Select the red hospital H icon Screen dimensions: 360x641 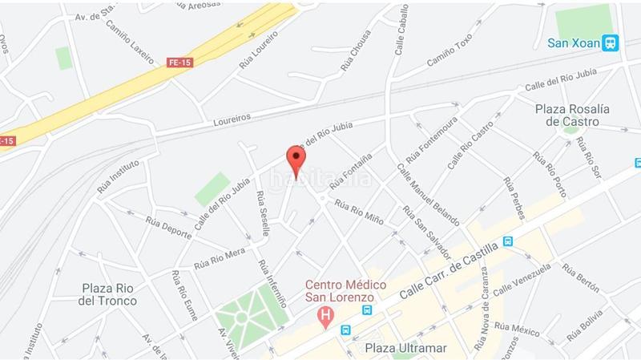tap(325, 317)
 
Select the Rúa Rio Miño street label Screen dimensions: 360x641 tap(360, 212)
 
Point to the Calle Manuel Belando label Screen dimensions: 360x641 tap(427, 196)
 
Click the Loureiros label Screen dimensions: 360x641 tap(232, 118)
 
